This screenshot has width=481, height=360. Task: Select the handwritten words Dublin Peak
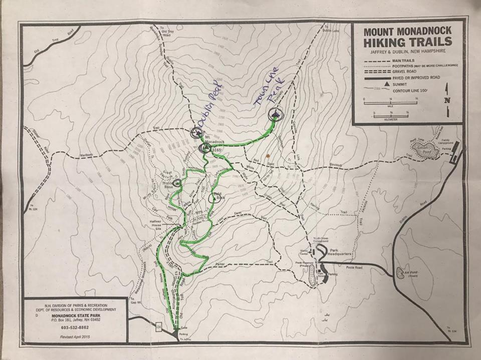coord(206,111)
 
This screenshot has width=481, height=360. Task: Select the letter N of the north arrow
coord(446,100)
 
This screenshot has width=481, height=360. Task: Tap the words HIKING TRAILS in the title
coord(407,42)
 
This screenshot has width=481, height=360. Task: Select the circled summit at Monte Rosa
coord(176,182)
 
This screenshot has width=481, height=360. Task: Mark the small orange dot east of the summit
coord(269,149)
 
